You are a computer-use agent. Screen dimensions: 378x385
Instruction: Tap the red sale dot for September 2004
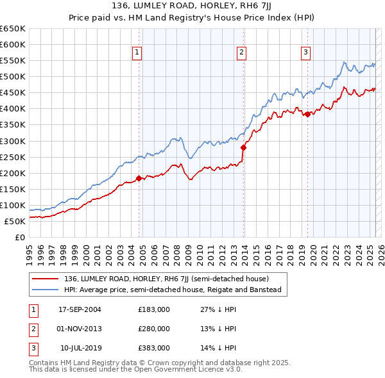[x=139, y=179]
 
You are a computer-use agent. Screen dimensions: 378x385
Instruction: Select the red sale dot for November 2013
[x=243, y=147]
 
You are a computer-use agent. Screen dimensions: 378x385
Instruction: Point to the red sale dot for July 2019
[x=307, y=114]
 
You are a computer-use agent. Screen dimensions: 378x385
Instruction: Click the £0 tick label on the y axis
[x=20, y=237]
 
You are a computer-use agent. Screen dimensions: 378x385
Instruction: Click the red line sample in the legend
[x=46, y=279]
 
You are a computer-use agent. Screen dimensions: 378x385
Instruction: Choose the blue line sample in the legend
[x=46, y=290]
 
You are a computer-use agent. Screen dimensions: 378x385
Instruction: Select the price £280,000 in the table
[x=154, y=329]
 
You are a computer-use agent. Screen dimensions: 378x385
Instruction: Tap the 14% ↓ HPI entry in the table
[x=221, y=348]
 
